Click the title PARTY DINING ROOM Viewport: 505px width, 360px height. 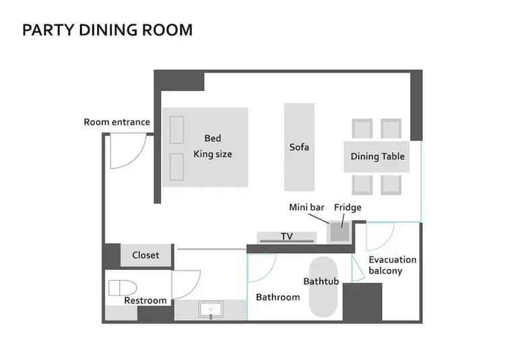pyautogui.click(x=107, y=30)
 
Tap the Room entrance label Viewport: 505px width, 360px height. pyautogui.click(x=116, y=122)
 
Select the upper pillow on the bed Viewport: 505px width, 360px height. pyautogui.click(x=177, y=130)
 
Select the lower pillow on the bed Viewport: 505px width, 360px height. pyautogui.click(x=177, y=167)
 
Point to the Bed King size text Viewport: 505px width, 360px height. pyautogui.click(x=213, y=147)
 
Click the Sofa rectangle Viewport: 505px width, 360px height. pyautogui.click(x=299, y=147)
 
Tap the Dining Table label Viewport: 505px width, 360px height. pyautogui.click(x=378, y=156)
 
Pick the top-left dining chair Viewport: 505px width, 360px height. pyautogui.click(x=362, y=129)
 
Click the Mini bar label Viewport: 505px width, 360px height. pyautogui.click(x=307, y=207)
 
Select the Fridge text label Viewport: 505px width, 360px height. pyautogui.click(x=347, y=207)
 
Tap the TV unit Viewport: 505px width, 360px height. pyautogui.click(x=287, y=237)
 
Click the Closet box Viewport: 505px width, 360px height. pyautogui.click(x=145, y=255)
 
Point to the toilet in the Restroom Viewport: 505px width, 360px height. pyautogui.click(x=121, y=287)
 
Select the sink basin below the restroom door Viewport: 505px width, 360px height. pyautogui.click(x=211, y=310)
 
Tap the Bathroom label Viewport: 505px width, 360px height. pyautogui.click(x=277, y=297)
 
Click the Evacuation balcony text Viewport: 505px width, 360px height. pyautogui.click(x=392, y=265)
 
